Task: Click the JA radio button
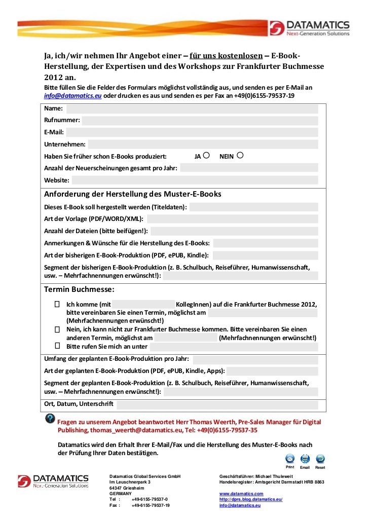[206, 156]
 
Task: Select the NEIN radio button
[240, 156]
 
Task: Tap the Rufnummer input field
[200, 121]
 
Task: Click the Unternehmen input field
[203, 144]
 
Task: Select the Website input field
[195, 180]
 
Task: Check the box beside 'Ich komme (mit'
[57, 304]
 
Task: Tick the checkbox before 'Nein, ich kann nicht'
[57, 329]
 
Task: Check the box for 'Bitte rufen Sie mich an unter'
[57, 346]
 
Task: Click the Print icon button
[290, 459]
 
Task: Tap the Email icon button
[305, 459]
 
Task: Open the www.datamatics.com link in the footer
[241, 493]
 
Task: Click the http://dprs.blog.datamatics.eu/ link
[250, 499]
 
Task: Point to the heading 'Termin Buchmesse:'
[79, 289]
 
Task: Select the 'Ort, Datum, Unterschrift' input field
[217, 404]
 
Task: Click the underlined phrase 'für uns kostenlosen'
[226, 55]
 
